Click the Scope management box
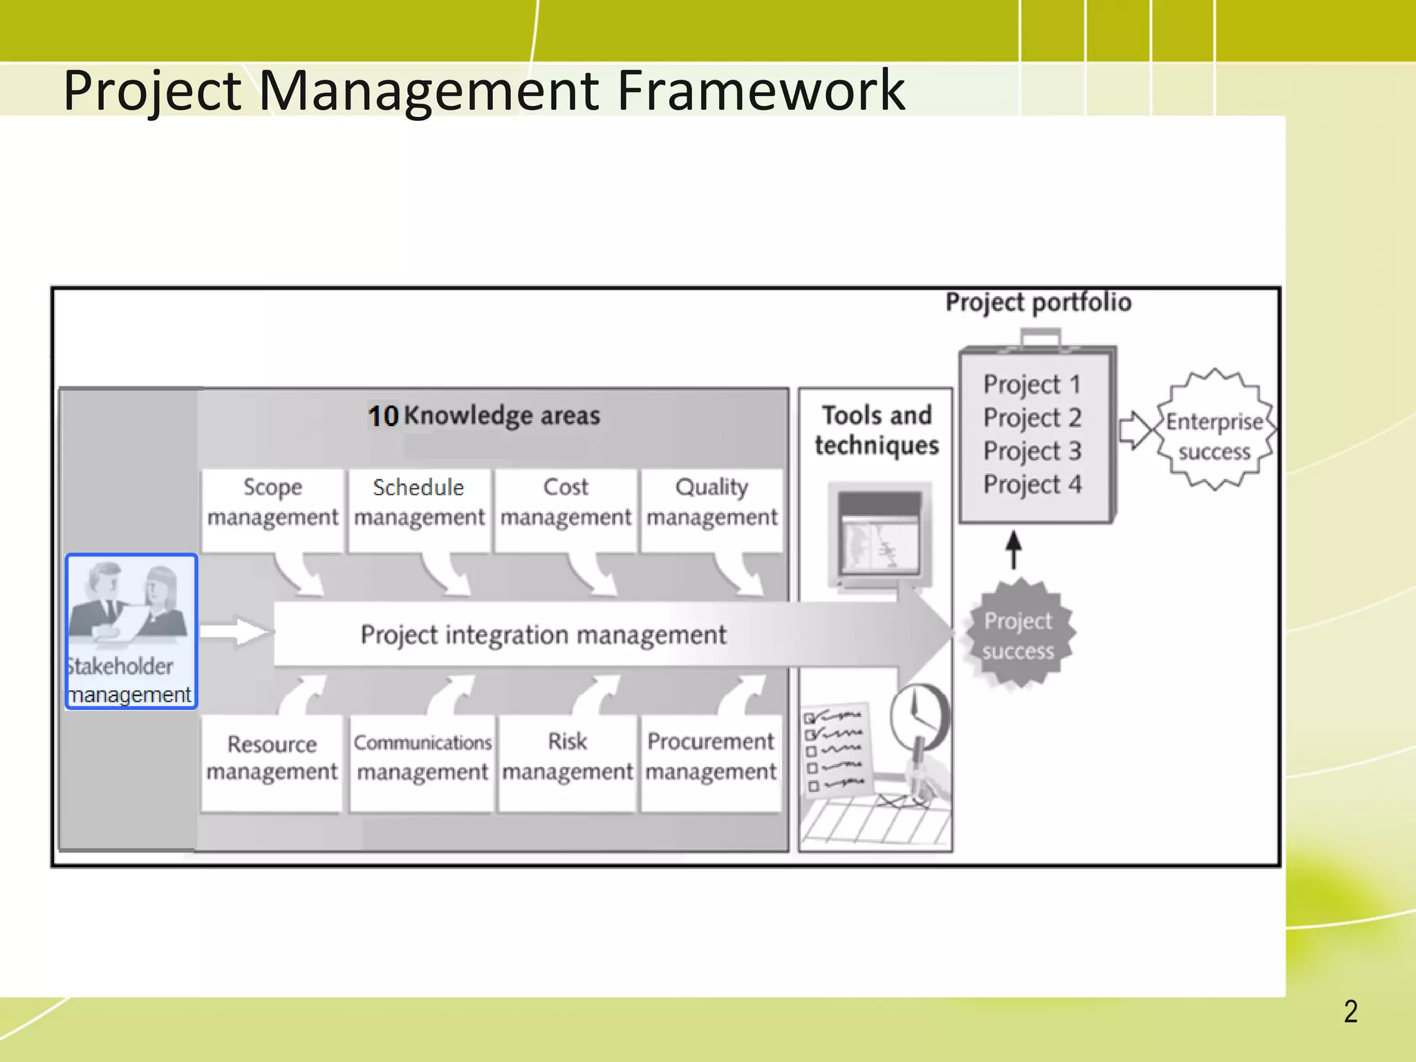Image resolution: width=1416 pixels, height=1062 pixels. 272,503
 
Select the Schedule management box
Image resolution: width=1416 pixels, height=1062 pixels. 419,503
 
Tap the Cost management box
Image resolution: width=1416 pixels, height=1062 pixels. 566,503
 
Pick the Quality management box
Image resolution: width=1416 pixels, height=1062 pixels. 712,503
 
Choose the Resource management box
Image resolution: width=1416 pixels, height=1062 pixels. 272,758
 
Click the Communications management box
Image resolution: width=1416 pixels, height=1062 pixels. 422,758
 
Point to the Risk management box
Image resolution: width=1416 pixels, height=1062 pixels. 567,758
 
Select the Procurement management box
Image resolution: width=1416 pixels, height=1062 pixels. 711,758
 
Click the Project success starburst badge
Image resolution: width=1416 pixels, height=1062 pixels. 1018,635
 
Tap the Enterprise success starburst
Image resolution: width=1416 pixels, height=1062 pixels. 1215,436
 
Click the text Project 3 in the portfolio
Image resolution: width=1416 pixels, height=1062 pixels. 1032,451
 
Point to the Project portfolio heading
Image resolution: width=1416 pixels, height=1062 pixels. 1038,302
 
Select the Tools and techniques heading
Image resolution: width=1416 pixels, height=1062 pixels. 877,430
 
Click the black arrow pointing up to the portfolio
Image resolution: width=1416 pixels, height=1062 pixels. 1014,550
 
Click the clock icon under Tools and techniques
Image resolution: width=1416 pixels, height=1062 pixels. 918,716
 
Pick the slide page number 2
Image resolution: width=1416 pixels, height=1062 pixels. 1350,1012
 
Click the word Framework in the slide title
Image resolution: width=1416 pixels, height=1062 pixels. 761,90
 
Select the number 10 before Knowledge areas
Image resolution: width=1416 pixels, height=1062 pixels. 383,416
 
